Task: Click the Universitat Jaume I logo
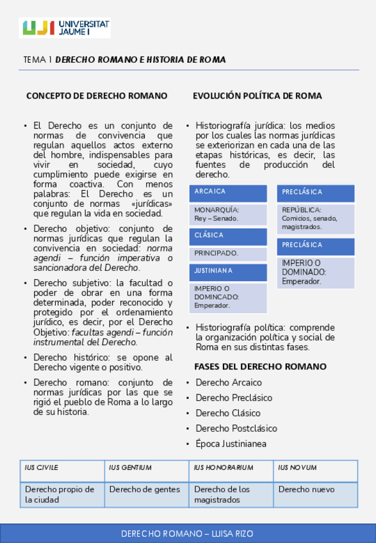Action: pos(65,27)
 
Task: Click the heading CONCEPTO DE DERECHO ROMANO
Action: pos(97,96)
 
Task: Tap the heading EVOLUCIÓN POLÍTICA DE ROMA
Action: pos(257,96)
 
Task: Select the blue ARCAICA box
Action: pos(229,193)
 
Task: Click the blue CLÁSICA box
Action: pos(229,236)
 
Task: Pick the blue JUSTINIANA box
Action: pos(229,272)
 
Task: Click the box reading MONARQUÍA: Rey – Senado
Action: pos(229,215)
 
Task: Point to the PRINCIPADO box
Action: pos(229,254)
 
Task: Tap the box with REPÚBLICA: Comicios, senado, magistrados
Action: pos(315,218)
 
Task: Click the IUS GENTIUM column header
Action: pos(146,469)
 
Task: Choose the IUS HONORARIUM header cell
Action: pos(231,469)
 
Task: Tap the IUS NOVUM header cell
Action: pos(315,469)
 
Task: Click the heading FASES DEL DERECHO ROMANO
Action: pos(260,367)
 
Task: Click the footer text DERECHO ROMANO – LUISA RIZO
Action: pos(188,533)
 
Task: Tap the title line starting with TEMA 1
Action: pos(124,60)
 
